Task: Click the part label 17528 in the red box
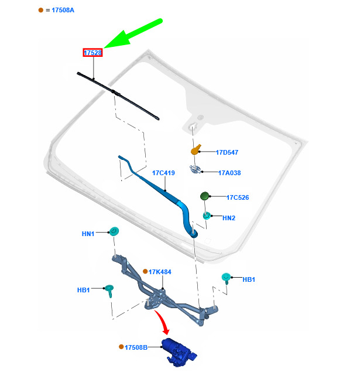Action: point(92,53)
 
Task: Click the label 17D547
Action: point(227,152)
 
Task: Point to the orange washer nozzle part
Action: point(196,149)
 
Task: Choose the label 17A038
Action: point(229,173)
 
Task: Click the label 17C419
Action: point(163,173)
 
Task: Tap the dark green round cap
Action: point(204,196)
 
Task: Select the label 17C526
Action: point(238,197)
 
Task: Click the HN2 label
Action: point(229,218)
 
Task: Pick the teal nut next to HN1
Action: point(114,231)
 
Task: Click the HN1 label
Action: point(88,234)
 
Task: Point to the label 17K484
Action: point(160,272)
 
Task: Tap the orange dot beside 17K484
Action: point(145,271)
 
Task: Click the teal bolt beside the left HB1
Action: point(109,291)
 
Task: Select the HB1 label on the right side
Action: point(249,279)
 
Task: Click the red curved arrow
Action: point(163,321)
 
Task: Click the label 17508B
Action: point(136,347)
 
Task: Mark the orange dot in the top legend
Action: point(41,10)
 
